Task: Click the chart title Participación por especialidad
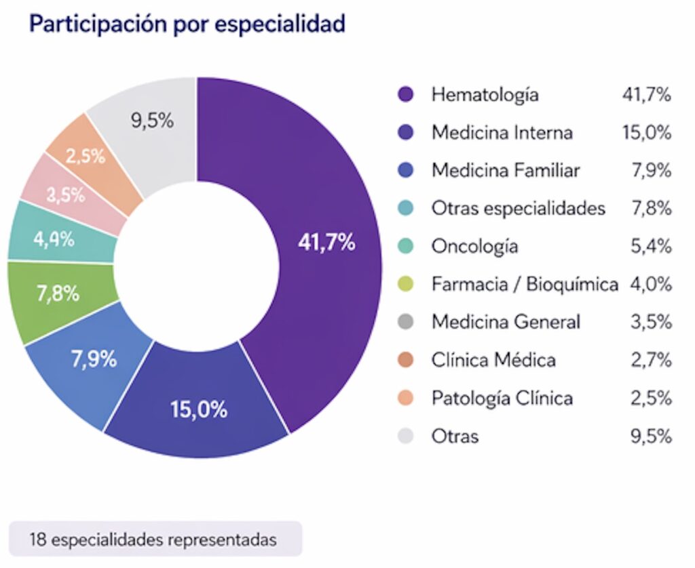(187, 24)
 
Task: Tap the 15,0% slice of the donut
(199, 409)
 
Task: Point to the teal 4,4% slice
(54, 240)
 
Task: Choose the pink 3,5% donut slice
(66, 194)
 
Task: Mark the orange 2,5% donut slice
(86, 156)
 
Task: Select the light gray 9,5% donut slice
(152, 122)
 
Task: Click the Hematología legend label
(485, 95)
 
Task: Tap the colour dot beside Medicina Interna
(406, 133)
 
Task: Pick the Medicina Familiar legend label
(506, 170)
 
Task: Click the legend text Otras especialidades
(518, 208)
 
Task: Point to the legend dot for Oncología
(406, 246)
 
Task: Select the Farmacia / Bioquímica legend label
(525, 284)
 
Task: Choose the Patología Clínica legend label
(502, 397)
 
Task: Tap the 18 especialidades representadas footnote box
(155, 540)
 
